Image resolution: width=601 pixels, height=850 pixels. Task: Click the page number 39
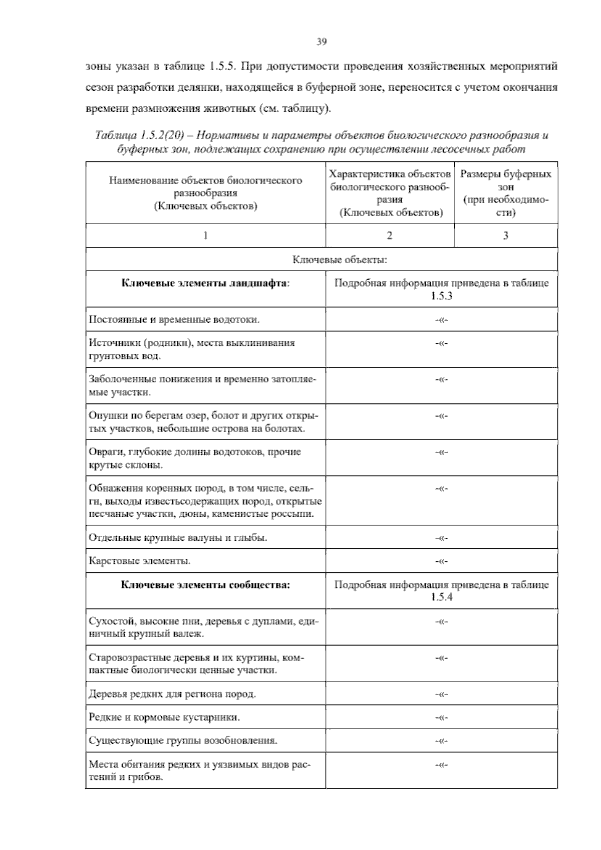click(x=322, y=42)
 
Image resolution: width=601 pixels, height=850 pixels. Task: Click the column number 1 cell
click(x=205, y=236)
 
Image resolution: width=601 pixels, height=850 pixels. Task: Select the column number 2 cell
click(x=390, y=236)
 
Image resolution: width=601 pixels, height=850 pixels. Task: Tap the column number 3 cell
click(x=506, y=236)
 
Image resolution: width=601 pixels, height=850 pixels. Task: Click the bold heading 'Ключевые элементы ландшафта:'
click(x=205, y=283)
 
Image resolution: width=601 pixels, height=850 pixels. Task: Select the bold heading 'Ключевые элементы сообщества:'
click(x=205, y=585)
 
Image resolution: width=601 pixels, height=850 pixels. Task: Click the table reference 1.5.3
click(x=441, y=296)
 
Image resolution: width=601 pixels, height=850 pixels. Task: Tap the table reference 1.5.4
click(x=441, y=597)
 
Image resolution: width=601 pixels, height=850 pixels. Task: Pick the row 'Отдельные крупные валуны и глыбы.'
click(x=178, y=538)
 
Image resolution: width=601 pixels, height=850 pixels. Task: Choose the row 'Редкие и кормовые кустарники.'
click(x=164, y=717)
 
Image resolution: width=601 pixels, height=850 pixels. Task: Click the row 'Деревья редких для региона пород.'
click(x=172, y=694)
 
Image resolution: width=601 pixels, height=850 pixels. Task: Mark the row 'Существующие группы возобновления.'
click(x=183, y=740)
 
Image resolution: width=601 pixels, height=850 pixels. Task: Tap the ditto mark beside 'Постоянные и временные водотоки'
click(x=441, y=320)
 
